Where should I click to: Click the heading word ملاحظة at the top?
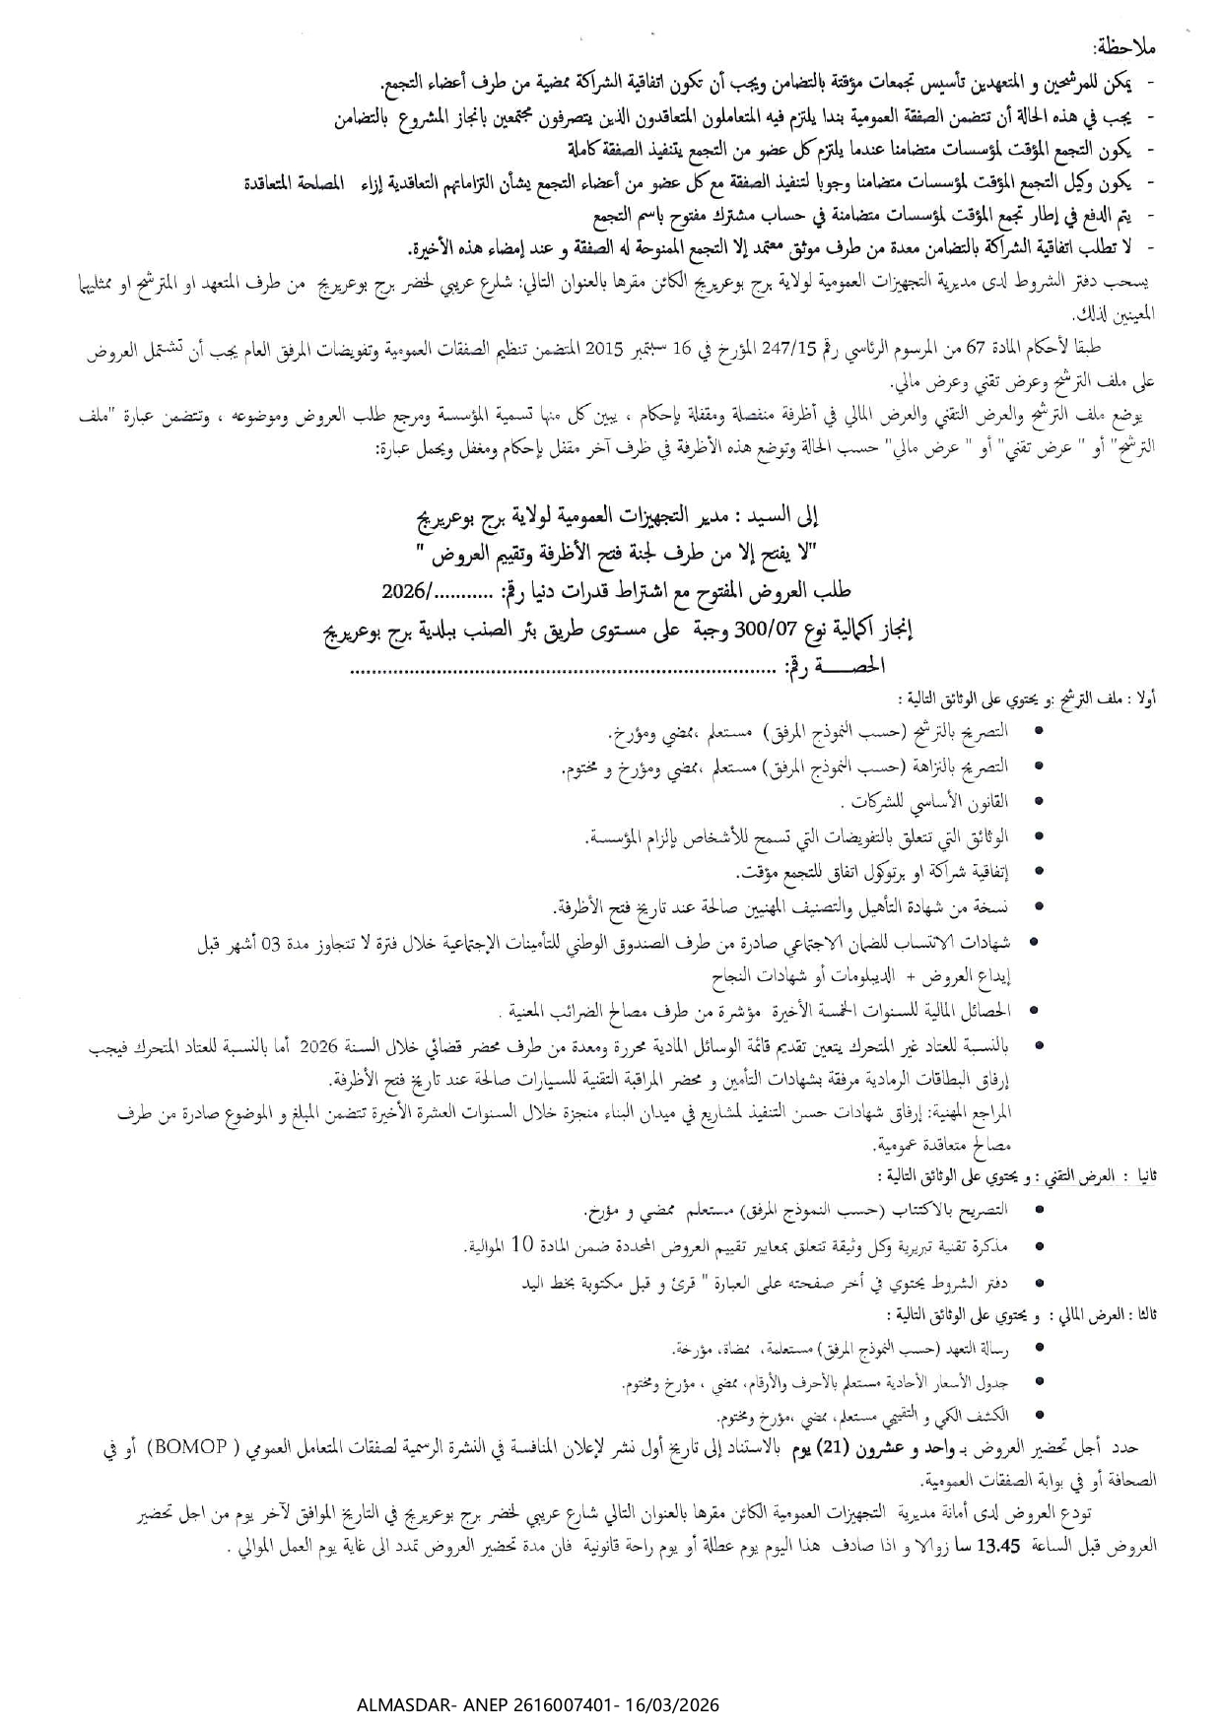point(1126,48)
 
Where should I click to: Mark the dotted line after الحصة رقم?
point(562,670)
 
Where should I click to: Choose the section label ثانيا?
point(1146,1177)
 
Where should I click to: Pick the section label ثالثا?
point(1145,1315)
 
